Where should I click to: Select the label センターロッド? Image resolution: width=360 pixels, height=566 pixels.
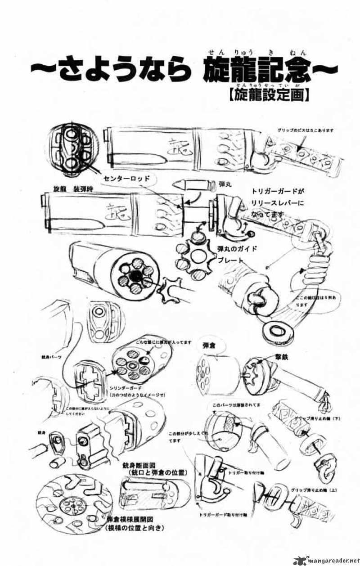point(126,179)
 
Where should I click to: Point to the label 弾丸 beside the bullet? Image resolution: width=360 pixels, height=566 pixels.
point(221,184)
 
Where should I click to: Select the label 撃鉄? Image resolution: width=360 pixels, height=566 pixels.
point(274,355)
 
